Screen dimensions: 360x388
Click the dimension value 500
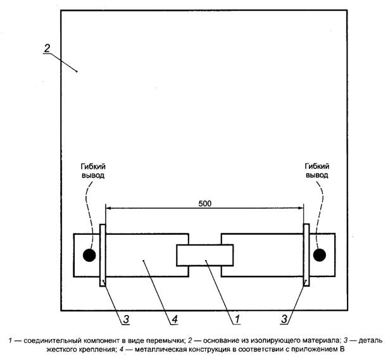(x=204, y=203)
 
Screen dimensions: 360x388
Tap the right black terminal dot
(x=320, y=254)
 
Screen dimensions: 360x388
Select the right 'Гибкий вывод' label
(x=316, y=168)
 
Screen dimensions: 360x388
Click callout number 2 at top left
(x=46, y=49)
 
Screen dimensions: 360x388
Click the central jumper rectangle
(x=204, y=255)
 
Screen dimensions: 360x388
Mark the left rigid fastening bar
(x=103, y=255)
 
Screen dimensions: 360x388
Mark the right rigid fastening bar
(x=306, y=255)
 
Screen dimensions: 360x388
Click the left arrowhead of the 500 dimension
(x=108, y=208)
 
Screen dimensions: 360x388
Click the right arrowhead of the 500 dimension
(x=301, y=208)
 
